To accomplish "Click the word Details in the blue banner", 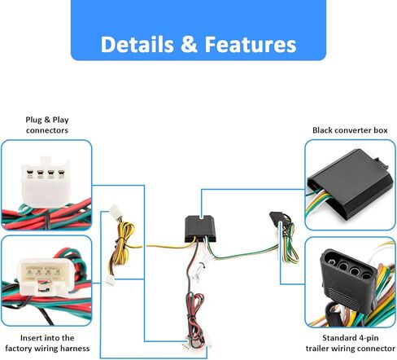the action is coord(137,44).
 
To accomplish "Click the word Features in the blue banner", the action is coord(251,44).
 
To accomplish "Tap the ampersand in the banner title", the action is coord(189,44).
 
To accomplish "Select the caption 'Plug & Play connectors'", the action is coord(47,125).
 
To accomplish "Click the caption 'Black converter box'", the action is coord(350,130).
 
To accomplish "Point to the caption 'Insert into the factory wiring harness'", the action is coord(47,343).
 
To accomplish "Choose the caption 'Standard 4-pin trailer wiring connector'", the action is coord(351,343).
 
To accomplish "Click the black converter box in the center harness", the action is coord(200,229).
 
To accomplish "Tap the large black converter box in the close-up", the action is coord(350,185).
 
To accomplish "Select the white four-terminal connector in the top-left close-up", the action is coord(46,181).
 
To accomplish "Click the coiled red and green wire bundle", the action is coord(195,316).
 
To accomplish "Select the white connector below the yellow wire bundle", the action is coord(110,282).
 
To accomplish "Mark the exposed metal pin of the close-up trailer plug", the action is coord(331,262).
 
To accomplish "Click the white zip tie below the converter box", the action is coord(199,271).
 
